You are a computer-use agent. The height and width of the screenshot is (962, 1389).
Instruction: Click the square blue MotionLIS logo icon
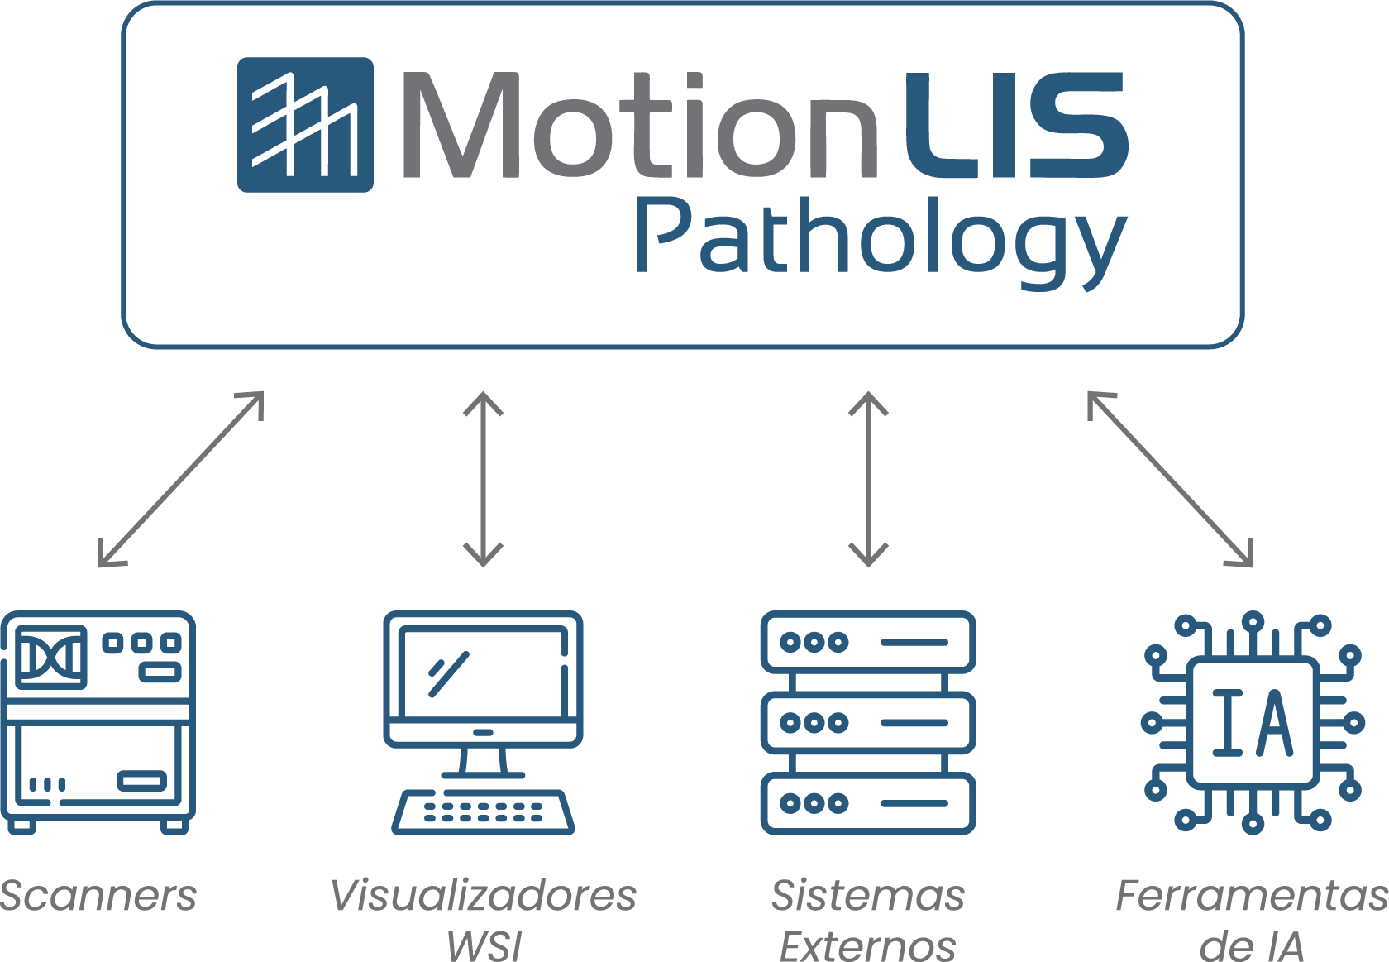pyautogui.click(x=305, y=125)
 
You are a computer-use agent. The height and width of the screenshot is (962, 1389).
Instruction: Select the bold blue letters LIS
pyautogui.click(x=1015, y=126)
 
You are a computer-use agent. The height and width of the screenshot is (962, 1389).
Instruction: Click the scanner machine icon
pyautogui.click(x=98, y=721)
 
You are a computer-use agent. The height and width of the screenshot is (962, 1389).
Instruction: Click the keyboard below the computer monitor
pyautogui.click(x=483, y=811)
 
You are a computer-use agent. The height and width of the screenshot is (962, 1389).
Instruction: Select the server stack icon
pyautogui.click(x=867, y=722)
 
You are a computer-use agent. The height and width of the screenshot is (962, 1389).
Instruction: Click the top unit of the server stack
pyautogui.click(x=867, y=642)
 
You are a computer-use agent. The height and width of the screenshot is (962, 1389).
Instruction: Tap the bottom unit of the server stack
pyautogui.click(x=867, y=802)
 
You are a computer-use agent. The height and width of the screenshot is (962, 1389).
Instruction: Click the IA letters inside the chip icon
pyautogui.click(x=1252, y=723)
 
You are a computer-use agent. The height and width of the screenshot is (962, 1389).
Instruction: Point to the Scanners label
pyautogui.click(x=98, y=896)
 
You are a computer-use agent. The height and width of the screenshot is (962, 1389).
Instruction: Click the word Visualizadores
pyautogui.click(x=483, y=896)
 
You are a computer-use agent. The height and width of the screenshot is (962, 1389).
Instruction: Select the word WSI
pyautogui.click(x=484, y=946)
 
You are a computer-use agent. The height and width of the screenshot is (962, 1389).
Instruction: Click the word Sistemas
pyautogui.click(x=868, y=896)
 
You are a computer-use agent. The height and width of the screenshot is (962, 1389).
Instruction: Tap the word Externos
pyautogui.click(x=868, y=946)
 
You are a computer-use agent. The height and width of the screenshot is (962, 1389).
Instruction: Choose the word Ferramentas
pyautogui.click(x=1252, y=896)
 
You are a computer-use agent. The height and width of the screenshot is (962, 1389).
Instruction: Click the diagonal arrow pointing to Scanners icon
pyautogui.click(x=180, y=479)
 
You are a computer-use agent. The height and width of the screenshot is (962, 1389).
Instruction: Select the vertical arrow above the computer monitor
pyautogui.click(x=483, y=479)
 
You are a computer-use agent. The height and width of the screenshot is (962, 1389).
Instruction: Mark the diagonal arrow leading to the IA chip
pyautogui.click(x=1170, y=479)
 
